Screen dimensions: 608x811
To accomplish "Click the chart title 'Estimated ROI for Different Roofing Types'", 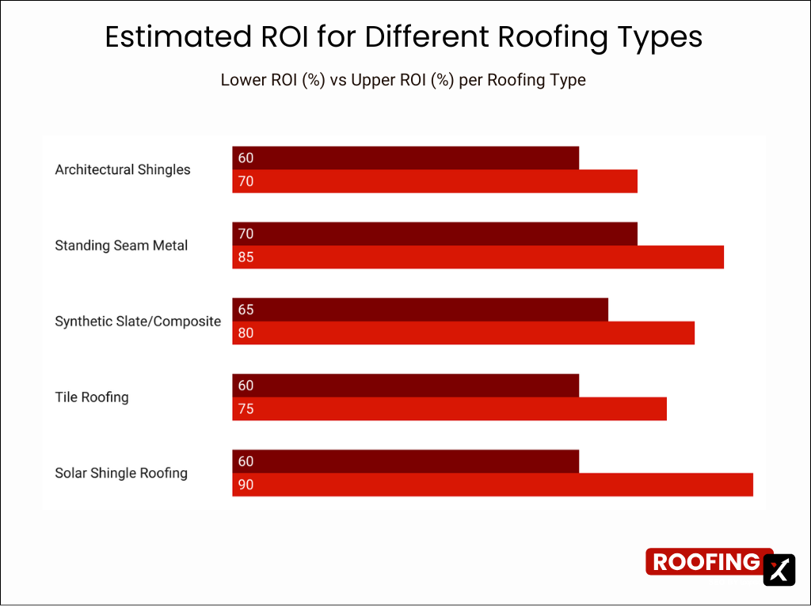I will [404, 37].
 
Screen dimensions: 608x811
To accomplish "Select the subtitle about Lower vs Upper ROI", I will [403, 80].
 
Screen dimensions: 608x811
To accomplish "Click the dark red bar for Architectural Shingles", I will [405, 158].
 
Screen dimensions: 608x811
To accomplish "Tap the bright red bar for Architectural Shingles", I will [435, 181].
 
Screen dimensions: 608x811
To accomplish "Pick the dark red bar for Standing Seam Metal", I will [435, 234].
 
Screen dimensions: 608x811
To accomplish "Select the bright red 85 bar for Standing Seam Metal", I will [478, 257].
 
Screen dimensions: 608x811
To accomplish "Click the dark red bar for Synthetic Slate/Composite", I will [420, 310].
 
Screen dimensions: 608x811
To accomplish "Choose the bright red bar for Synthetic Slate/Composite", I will [463, 333].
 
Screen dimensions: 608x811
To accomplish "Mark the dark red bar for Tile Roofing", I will [405, 386].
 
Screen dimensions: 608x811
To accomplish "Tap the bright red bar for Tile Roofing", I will [449, 409].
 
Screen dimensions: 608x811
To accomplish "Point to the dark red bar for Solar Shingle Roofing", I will [405, 462].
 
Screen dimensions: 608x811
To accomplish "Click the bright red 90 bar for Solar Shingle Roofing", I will [493, 484].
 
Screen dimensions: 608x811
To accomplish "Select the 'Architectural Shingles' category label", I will [123, 169].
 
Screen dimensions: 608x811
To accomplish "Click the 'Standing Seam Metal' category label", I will [121, 245].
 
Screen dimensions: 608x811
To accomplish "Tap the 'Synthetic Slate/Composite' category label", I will [138, 321].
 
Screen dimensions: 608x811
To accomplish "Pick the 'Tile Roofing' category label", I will [92, 397].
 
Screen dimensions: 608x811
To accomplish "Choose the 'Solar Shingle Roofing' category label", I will [121, 473].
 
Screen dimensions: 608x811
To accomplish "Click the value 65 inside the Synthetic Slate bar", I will [246, 310].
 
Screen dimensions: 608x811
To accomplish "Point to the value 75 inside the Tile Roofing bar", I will [246, 409].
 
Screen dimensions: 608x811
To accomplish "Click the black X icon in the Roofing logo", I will [779, 569].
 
